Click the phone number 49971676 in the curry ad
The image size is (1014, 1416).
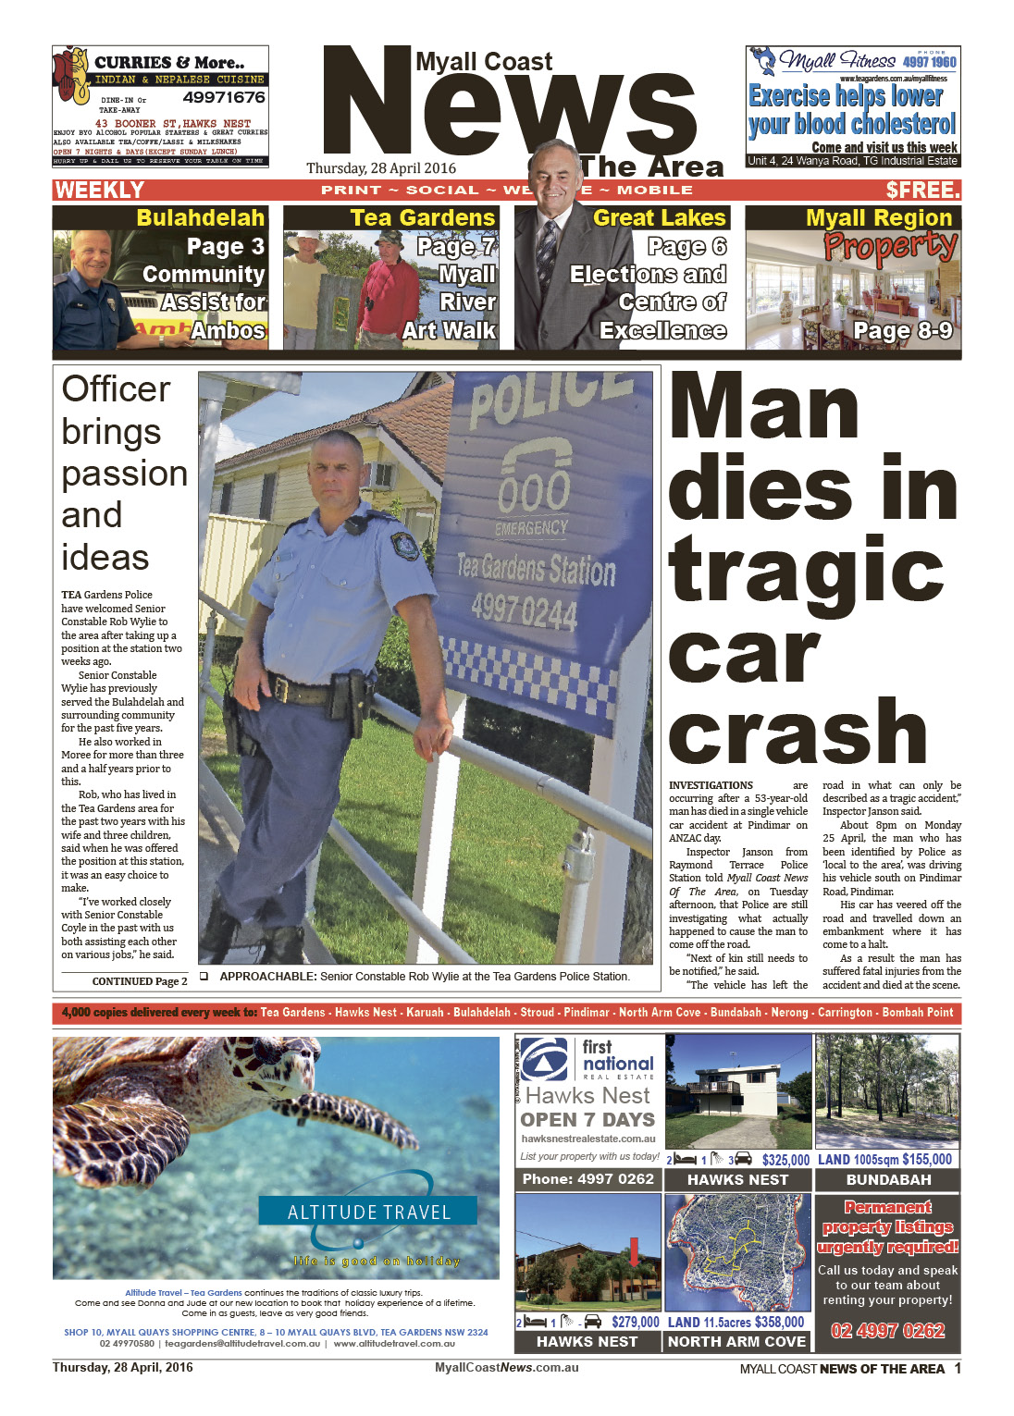pos(223,97)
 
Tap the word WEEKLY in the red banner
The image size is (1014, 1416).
pos(100,191)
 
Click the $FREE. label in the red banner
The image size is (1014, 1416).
pos(922,191)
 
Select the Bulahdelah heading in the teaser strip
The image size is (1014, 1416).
pos(200,218)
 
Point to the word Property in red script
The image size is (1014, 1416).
pos(890,246)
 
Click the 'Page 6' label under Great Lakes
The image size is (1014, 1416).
pos(686,247)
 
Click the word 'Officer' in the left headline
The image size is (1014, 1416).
pos(117,389)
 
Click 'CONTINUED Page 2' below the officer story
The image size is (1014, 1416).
pos(140,981)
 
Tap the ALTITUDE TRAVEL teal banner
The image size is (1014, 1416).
pos(368,1212)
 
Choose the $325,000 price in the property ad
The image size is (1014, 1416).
pos(785,1160)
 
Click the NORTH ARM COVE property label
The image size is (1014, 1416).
pos(736,1342)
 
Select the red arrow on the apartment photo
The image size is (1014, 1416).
pos(634,1252)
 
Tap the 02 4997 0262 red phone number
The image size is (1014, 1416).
pos(887,1331)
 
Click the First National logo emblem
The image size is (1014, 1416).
pos(545,1060)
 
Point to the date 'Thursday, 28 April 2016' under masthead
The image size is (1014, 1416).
pos(381,168)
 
